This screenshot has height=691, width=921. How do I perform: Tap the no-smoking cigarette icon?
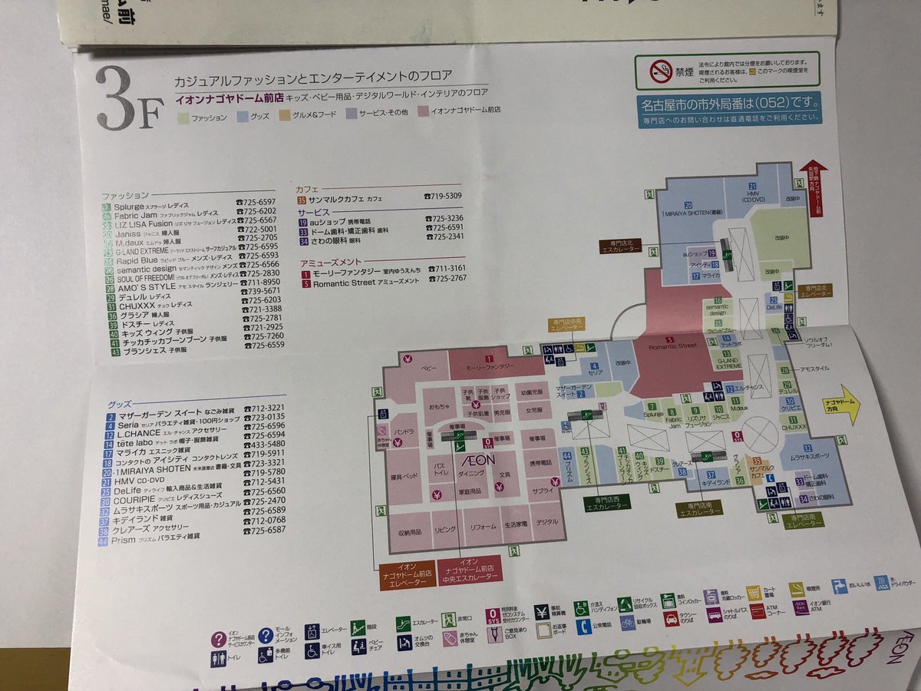pos(661,73)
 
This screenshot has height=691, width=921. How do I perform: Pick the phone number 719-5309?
pos(444,197)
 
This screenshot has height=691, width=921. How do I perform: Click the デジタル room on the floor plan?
pos(546,523)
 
